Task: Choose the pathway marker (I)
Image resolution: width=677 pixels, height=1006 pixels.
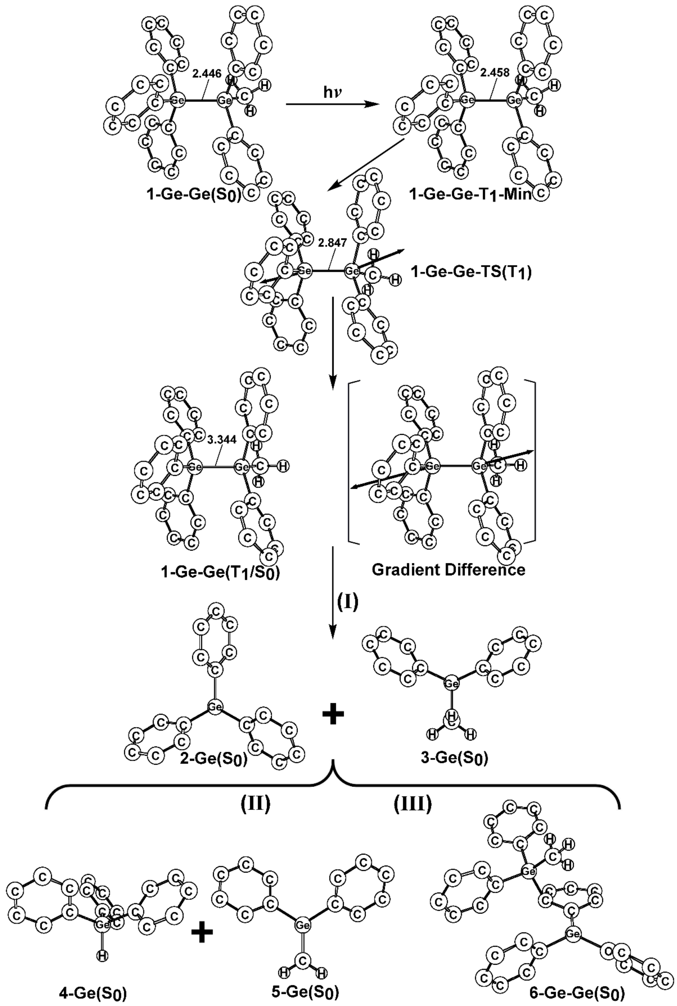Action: tap(348, 602)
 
